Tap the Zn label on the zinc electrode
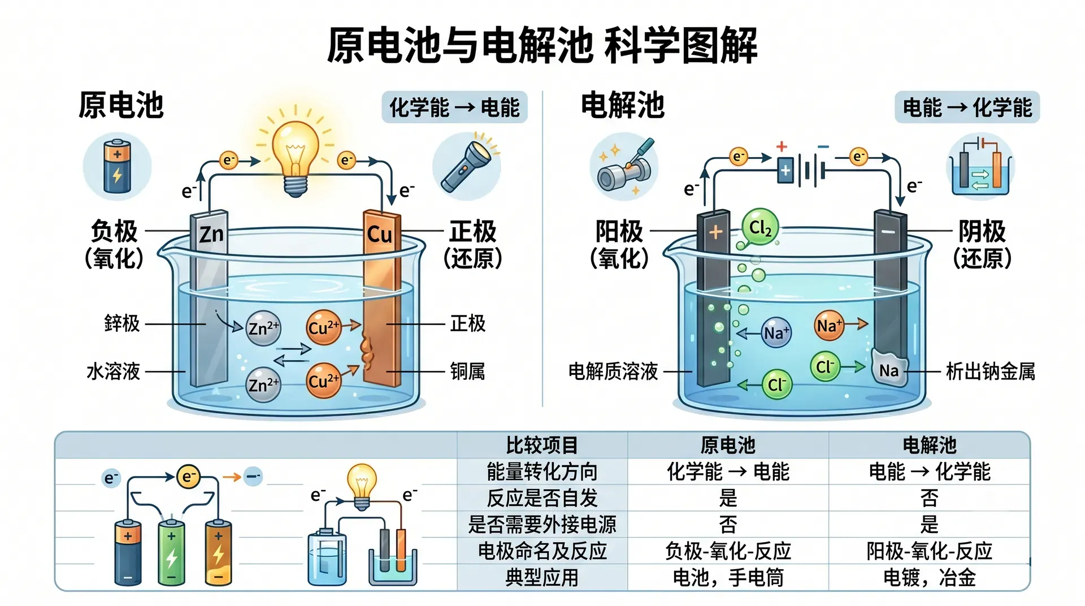point(211,234)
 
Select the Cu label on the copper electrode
point(379,234)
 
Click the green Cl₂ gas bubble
point(760,227)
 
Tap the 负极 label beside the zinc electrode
point(114,232)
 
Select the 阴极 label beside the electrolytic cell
point(982,232)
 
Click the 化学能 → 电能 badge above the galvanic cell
point(454,107)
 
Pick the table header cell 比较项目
point(542,445)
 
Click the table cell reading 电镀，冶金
point(930,578)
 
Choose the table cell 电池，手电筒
point(728,578)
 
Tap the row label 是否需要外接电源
point(542,525)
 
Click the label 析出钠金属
point(991,371)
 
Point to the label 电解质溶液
point(613,371)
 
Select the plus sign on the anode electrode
point(715,232)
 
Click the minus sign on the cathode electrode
point(888,232)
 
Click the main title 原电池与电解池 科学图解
point(542,45)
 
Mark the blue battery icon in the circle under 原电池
point(117,166)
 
